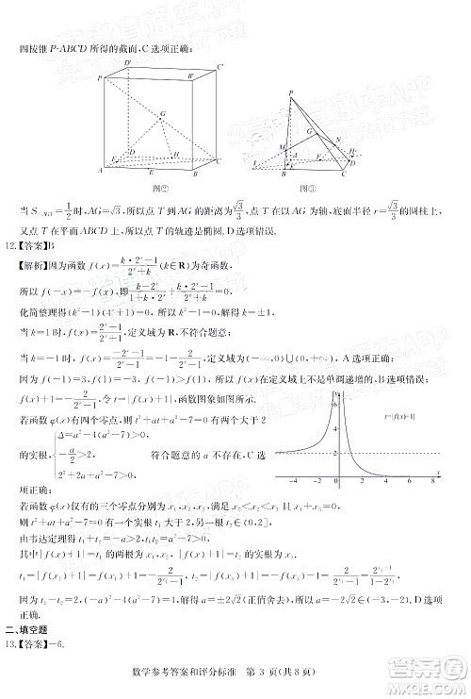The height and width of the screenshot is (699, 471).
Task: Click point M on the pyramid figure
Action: (x=284, y=146)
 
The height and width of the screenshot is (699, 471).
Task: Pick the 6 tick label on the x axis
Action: (x=407, y=479)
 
